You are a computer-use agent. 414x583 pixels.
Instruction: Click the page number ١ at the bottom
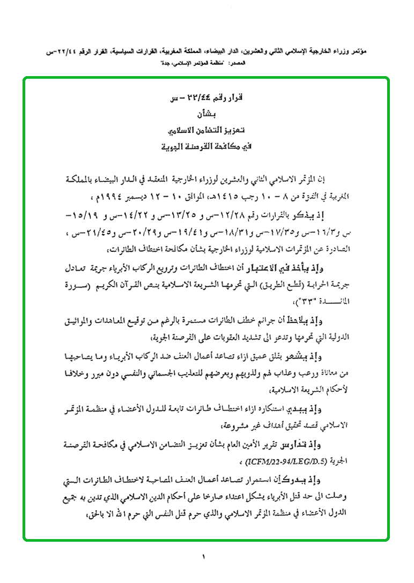[204, 558]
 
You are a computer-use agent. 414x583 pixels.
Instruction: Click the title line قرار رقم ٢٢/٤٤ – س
[206, 99]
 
